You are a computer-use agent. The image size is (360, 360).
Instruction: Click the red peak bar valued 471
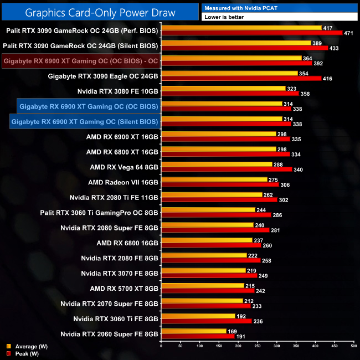251,33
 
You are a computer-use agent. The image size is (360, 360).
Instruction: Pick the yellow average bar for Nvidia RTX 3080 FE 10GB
223,88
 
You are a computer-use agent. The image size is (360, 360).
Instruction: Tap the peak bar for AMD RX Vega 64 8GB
226,169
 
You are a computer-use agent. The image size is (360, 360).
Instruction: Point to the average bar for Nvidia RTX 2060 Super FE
193,331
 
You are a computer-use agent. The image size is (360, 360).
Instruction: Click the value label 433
336,49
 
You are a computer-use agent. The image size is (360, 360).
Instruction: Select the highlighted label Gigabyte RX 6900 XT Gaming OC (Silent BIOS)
84,121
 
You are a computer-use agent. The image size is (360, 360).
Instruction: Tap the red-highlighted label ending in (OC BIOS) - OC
81,60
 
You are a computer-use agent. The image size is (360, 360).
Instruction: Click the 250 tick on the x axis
257,347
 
